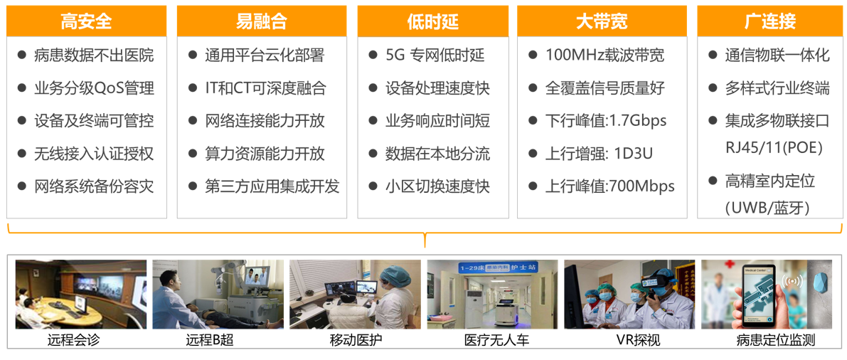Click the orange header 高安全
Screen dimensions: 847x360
tap(87, 21)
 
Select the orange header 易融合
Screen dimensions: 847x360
tap(262, 21)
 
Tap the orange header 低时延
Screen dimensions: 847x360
tap(432, 21)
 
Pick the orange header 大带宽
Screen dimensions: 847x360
tap(602, 21)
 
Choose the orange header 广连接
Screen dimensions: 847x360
tap(769, 21)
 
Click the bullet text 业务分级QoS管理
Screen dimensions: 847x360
tap(93, 88)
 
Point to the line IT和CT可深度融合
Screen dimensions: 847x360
tap(265, 88)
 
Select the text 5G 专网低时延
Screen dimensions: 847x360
tap(435, 55)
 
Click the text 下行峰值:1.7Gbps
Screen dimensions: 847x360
tap(605, 120)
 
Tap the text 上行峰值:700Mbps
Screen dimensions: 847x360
tap(610, 186)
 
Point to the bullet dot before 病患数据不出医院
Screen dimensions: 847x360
tap(21, 55)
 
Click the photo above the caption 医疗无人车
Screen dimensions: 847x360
tap(493, 295)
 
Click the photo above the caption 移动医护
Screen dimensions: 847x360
tap(355, 295)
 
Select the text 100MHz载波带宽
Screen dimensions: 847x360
tap(604, 55)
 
